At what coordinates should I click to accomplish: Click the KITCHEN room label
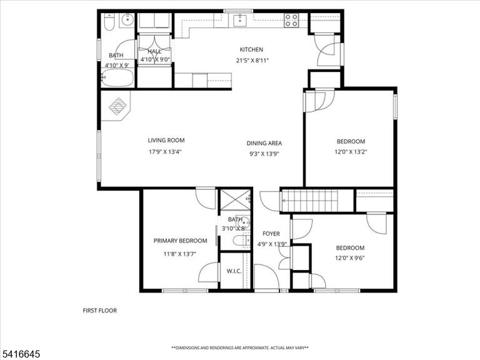251,49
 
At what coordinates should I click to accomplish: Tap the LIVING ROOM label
166,141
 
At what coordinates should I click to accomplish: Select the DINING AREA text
264,143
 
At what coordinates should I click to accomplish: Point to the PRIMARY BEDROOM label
180,241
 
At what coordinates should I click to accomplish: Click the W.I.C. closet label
234,271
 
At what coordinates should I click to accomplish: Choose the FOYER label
271,234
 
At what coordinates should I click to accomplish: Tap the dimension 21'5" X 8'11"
252,60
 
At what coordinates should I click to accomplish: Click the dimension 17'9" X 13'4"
165,151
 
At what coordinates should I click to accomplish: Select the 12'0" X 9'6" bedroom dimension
350,258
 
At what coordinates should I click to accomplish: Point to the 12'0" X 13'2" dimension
351,151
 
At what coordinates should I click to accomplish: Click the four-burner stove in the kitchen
291,20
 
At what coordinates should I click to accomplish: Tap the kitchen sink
239,21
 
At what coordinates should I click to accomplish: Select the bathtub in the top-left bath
117,77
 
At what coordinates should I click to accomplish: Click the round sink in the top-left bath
127,20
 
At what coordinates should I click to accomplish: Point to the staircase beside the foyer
309,201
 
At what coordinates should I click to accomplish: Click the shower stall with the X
236,199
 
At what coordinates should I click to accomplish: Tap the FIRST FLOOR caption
100,311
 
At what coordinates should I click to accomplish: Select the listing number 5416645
20,354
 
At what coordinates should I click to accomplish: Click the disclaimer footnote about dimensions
240,347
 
